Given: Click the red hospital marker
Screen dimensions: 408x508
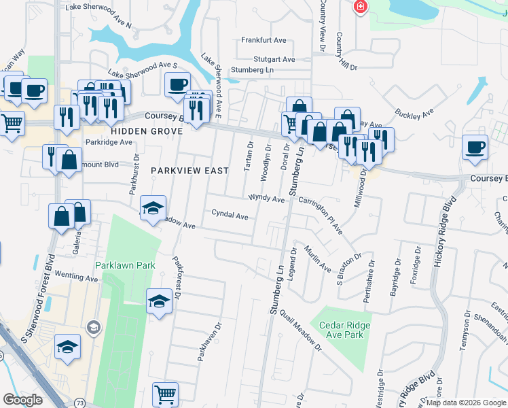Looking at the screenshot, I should click(x=360, y=7).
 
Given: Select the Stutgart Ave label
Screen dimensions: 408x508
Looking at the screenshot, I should click(x=274, y=59).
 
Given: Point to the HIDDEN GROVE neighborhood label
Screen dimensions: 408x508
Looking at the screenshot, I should click(x=137, y=131).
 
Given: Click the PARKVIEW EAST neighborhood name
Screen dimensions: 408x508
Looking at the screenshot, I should click(x=189, y=171).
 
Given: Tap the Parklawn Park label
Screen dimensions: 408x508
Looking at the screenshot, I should click(x=125, y=265).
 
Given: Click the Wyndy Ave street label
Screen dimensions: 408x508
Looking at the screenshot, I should click(x=266, y=199).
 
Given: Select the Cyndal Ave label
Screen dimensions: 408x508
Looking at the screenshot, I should click(x=230, y=214).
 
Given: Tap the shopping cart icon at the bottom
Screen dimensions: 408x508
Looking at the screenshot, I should click(x=165, y=394).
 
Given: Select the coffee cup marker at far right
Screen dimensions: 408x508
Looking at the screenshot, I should click(x=475, y=147).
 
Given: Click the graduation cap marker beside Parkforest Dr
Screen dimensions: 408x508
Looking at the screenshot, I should click(x=159, y=301).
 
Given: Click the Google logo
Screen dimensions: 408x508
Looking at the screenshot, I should click(x=22, y=401).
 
